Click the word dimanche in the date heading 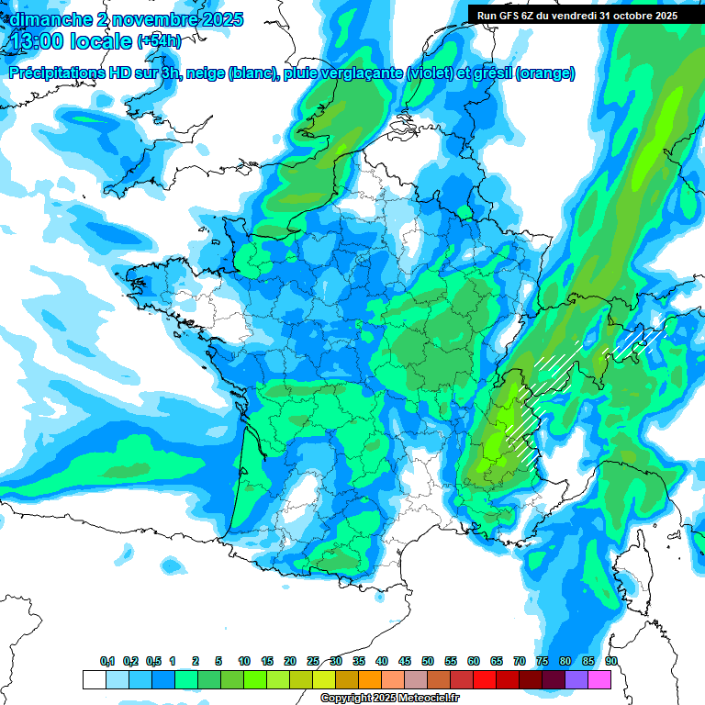click(x=50, y=18)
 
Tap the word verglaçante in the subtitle click(x=362, y=73)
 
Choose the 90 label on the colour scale click(x=610, y=661)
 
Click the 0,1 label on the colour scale click(x=107, y=661)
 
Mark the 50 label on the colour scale click(x=428, y=661)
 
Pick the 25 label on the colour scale click(x=313, y=661)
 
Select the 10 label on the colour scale click(x=244, y=661)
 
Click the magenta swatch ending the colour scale click(x=599, y=679)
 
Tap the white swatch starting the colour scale click(x=94, y=679)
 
